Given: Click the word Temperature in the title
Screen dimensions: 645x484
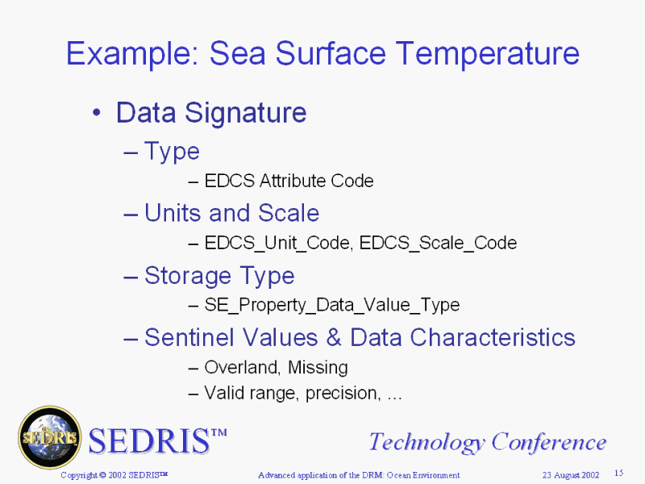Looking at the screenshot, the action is pos(487,53).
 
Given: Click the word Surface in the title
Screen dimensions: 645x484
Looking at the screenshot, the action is pos(331,53).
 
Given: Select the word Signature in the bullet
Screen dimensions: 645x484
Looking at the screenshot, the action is pos(246,114).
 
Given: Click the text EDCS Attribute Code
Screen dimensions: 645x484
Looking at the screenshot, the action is pos(289,181).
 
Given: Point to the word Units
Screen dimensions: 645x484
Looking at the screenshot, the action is pos(173,213).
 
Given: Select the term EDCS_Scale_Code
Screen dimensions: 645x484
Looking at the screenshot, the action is pos(438,244).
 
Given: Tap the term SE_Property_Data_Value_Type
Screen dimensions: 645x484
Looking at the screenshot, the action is pos(332,306).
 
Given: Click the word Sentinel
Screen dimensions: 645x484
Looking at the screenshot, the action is pos(190,337).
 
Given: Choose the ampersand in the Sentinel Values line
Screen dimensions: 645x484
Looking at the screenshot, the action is pos(334,337).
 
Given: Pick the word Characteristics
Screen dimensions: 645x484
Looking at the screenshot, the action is pos(493,337).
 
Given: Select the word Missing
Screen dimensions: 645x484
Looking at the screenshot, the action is pos(318,368).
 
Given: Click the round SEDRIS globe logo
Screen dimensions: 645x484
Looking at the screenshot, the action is pos(50,437).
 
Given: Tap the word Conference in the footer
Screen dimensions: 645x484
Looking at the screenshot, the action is pos(549,442).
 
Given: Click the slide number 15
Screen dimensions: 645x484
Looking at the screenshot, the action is pos(619,473).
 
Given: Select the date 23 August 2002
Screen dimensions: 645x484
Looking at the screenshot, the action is pos(571,475).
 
